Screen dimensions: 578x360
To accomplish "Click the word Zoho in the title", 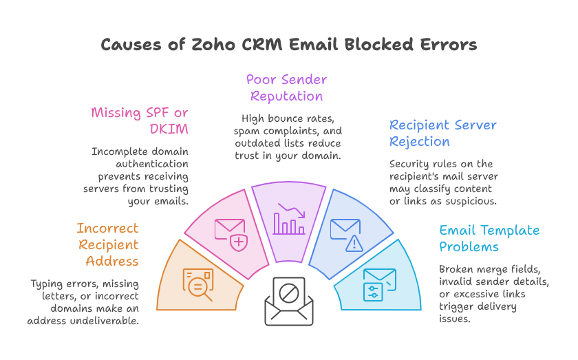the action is click(213, 45).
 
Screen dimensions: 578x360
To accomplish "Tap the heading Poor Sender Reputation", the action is click(286, 88).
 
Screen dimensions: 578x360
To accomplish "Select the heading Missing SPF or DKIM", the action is click(140, 120).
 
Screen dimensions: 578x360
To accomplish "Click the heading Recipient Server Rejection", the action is click(442, 133).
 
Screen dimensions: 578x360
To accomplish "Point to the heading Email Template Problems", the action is click(489, 238).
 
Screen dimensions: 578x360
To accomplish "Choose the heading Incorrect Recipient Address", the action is click(107, 244).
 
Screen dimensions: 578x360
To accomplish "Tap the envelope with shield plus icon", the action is click(231, 235).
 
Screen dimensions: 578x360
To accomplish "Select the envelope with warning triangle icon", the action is click(347, 235).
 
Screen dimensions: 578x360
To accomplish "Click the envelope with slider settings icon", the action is click(380, 284).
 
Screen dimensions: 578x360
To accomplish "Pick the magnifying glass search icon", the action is click(200, 287).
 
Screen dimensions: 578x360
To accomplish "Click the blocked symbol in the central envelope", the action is click(288, 293).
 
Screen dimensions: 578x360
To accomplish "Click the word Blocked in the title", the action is click(379, 45).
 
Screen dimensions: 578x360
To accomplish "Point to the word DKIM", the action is click(169, 129).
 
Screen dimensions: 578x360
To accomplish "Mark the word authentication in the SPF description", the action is click(152, 164).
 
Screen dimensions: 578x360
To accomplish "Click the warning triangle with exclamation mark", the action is click(354, 244).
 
